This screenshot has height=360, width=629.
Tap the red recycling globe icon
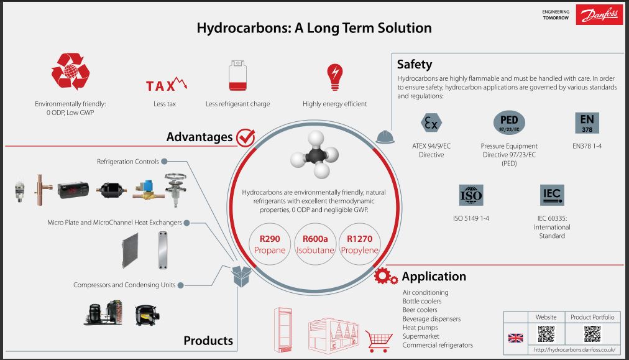click(x=70, y=72)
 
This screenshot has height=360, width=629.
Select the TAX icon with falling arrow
click(x=166, y=85)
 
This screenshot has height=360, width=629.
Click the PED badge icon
click(x=508, y=121)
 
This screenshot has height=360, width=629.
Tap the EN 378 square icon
click(x=587, y=122)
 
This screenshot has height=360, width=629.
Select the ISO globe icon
click(x=471, y=195)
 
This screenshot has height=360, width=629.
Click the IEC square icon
click(x=552, y=195)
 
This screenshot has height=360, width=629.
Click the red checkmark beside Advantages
click(x=246, y=137)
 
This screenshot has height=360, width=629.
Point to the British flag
click(x=515, y=338)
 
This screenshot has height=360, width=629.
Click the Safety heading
click(x=415, y=64)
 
